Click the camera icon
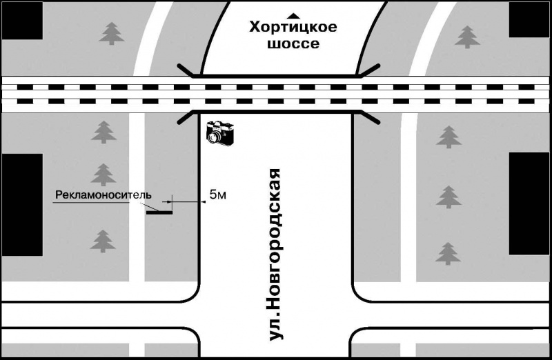(221, 132)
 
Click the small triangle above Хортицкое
(294, 14)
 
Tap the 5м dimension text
(217, 197)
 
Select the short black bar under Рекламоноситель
(159, 212)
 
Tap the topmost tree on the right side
(469, 37)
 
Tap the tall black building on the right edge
(529, 203)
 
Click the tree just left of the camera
(103, 132)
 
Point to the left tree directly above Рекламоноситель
(103, 174)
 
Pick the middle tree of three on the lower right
(448, 197)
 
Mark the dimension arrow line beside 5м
(185, 201)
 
